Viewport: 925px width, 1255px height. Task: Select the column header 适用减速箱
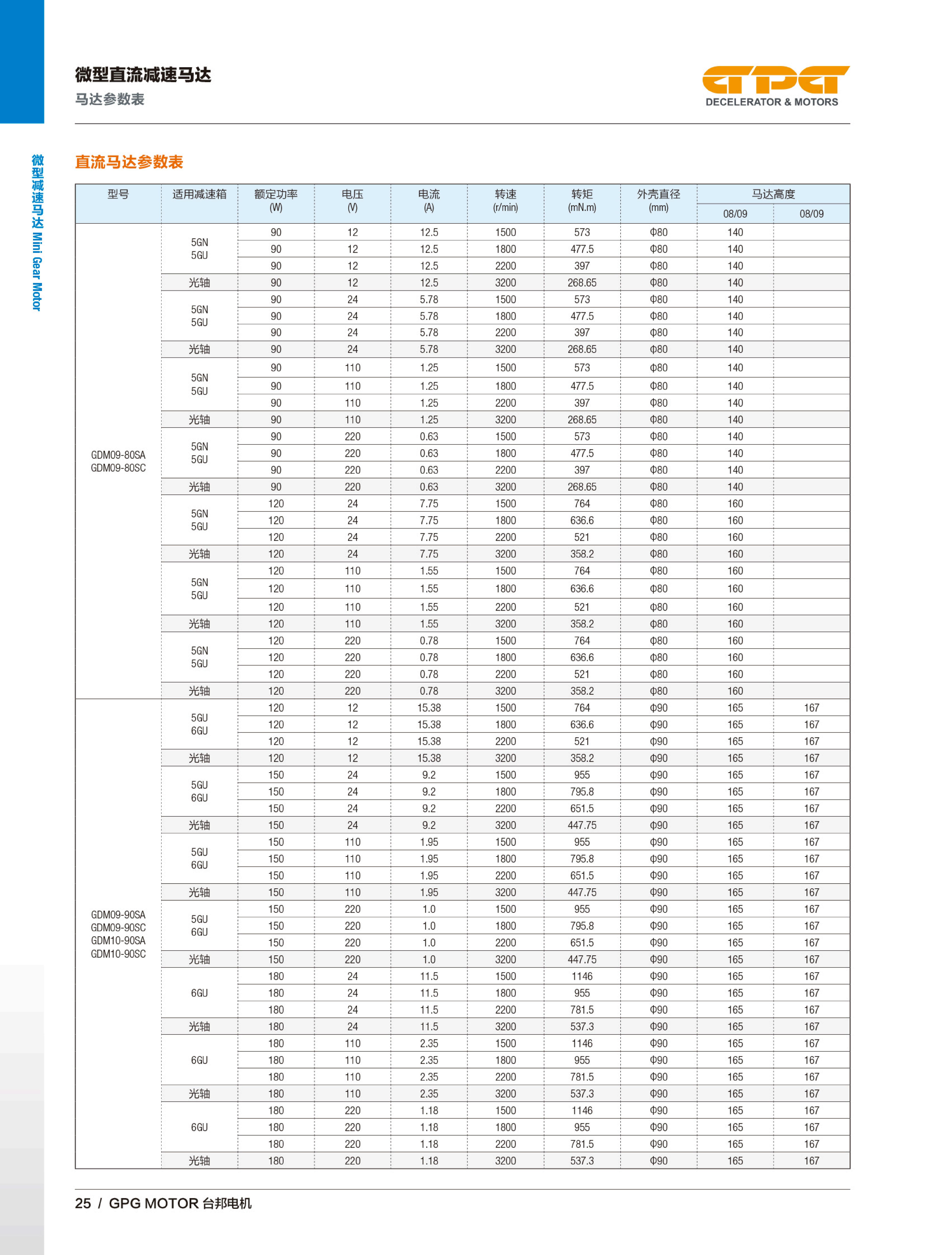(x=199, y=194)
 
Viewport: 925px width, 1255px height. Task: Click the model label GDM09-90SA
(x=118, y=915)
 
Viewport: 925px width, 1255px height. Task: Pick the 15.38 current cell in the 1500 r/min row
(x=429, y=708)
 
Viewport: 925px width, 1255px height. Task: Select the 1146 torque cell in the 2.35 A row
(x=582, y=1043)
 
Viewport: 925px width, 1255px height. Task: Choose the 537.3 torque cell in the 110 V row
(x=582, y=1094)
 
